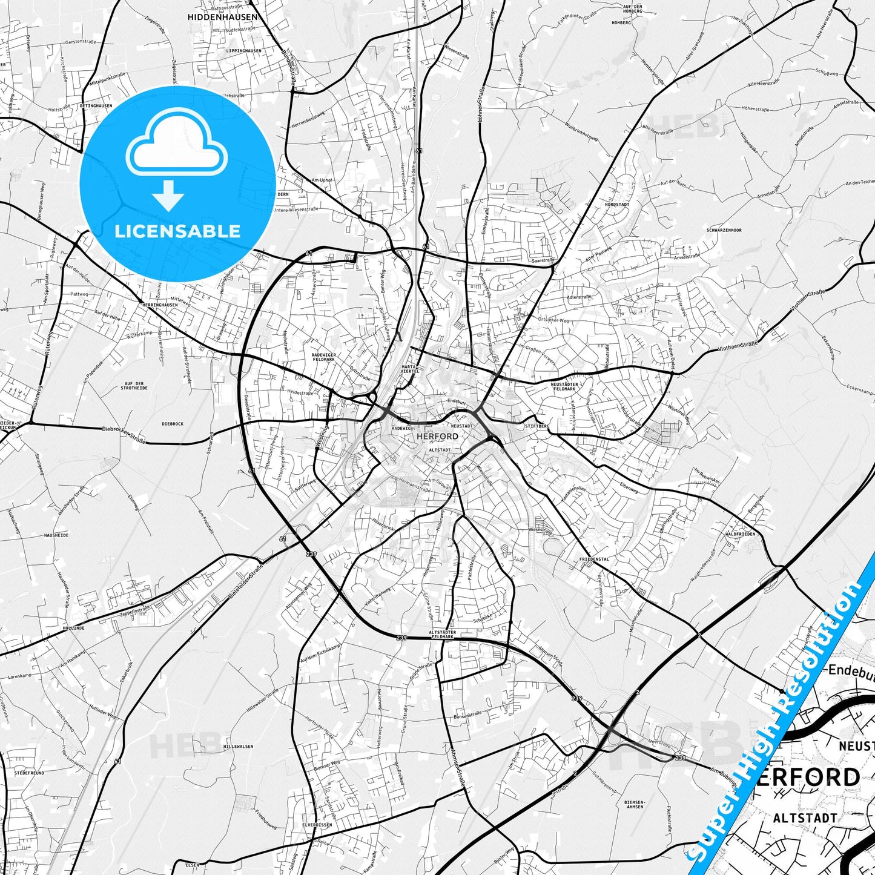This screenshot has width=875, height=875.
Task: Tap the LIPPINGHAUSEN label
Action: click(243, 51)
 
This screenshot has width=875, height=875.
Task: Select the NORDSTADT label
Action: click(616, 205)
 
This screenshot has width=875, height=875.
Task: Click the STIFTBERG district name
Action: click(537, 426)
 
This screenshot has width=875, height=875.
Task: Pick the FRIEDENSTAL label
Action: click(594, 559)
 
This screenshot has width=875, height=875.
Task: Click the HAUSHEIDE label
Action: click(56, 535)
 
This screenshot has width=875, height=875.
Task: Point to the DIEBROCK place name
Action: click(173, 424)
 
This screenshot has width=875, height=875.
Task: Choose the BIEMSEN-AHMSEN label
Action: click(633, 805)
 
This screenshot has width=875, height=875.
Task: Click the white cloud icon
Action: click(177, 145)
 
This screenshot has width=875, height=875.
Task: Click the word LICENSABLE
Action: click(177, 231)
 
